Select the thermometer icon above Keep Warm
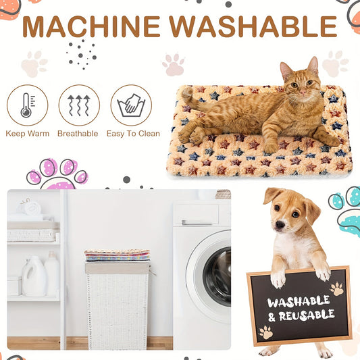pyautogui.click(x=27, y=105)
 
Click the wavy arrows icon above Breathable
pyautogui.click(x=78, y=105)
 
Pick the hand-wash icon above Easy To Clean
pyautogui.click(x=131, y=105)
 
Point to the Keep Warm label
pyautogui.click(x=27, y=134)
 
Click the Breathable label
pyautogui.click(x=78, y=134)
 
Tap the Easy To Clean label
pyautogui.click(x=133, y=134)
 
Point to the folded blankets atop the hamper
pyautogui.click(x=117, y=255)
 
